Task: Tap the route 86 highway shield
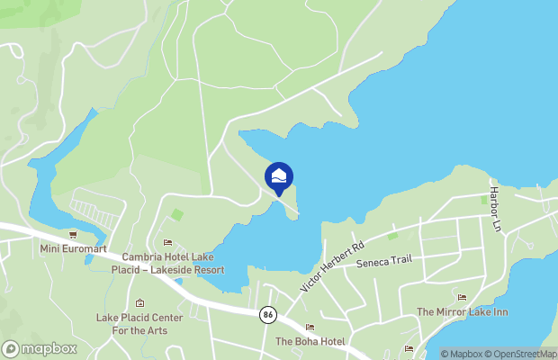[267, 315]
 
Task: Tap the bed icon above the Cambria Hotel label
[167, 242]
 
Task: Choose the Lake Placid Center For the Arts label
[139, 323]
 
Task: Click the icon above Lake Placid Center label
[139, 303]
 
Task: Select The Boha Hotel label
[310, 341]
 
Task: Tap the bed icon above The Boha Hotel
[310, 328]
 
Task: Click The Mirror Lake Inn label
[462, 311]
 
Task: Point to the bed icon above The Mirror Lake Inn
[462, 297]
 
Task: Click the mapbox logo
[40, 348]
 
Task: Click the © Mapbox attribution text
[463, 354]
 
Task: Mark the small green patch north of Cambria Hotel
[178, 214]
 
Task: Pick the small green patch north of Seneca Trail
[392, 236]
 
